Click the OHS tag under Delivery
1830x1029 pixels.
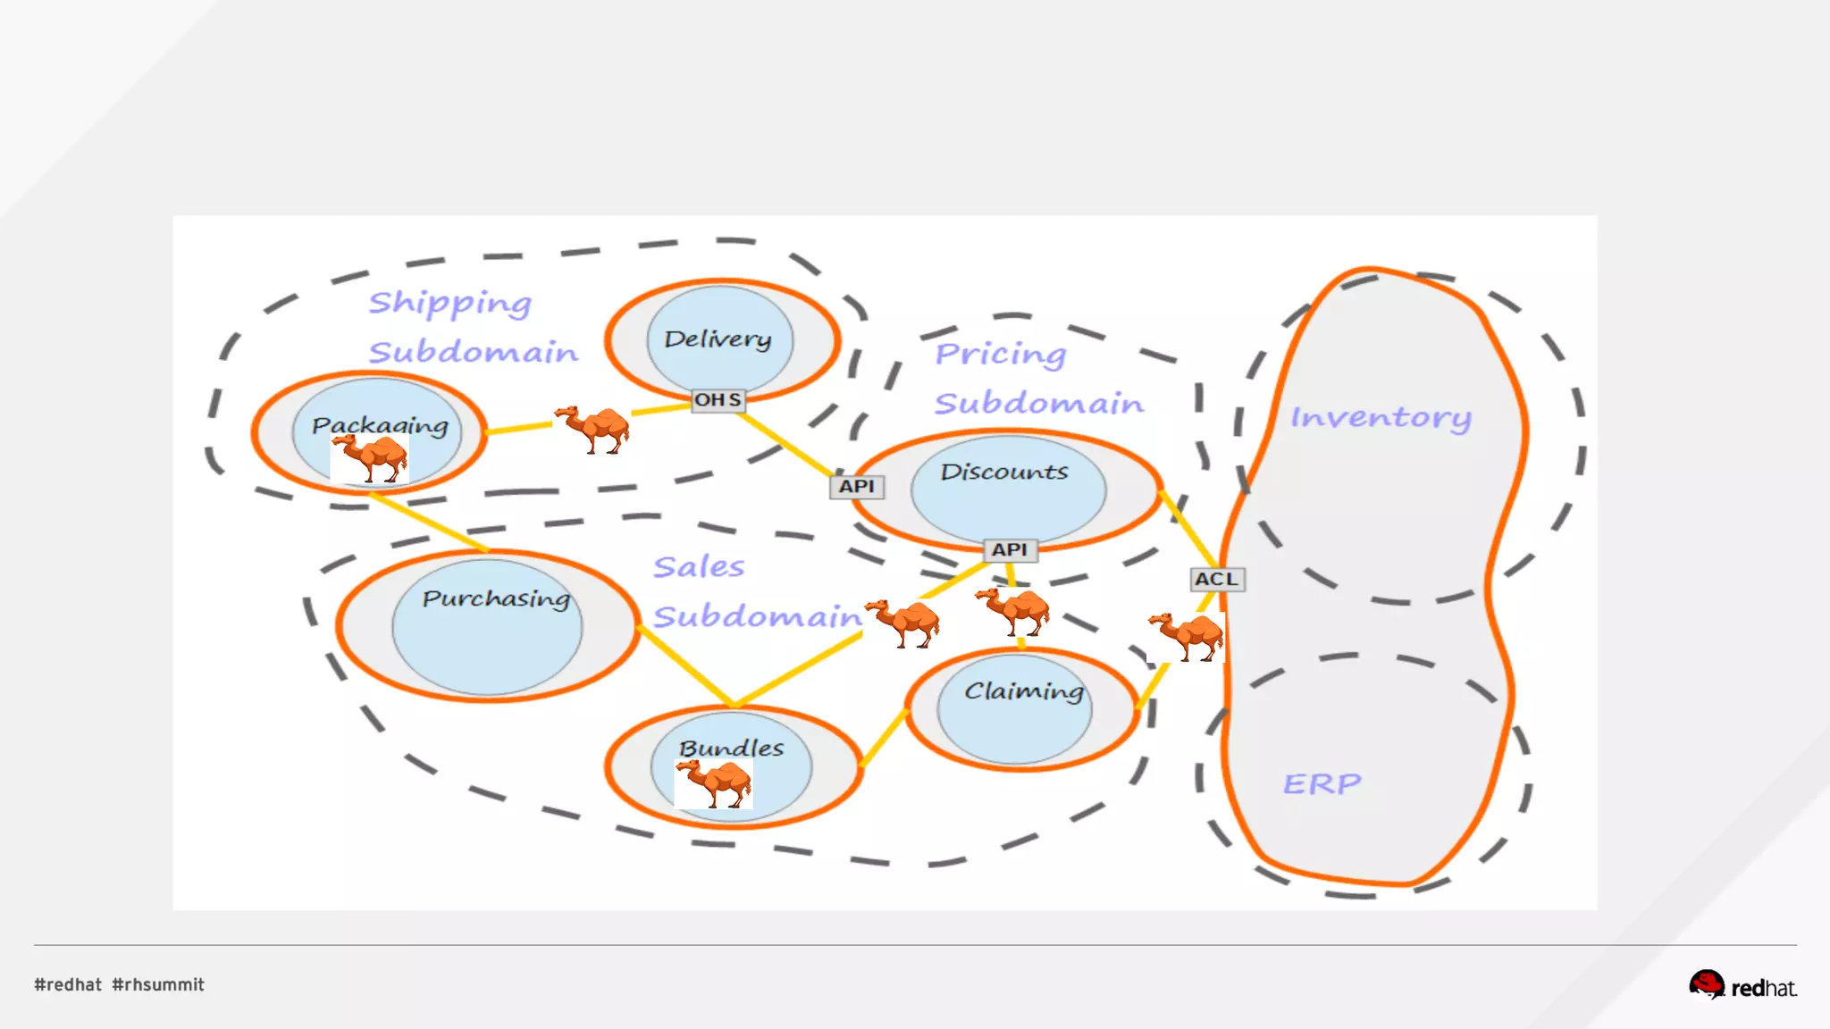[x=718, y=400]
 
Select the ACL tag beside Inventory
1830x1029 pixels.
[x=1216, y=579]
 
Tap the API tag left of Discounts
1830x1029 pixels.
[x=856, y=487]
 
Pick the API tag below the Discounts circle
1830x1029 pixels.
[x=1010, y=550]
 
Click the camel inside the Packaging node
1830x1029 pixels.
[x=370, y=458]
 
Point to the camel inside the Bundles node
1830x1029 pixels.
[x=714, y=783]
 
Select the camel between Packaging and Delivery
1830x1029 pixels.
[x=592, y=429]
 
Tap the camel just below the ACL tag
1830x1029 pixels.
[x=1186, y=636]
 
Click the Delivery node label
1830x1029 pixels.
[x=718, y=339]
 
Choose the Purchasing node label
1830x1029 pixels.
[x=496, y=598]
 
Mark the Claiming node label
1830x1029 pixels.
[x=1024, y=691]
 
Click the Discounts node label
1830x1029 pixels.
[x=1004, y=472]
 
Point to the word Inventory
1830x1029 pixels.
[x=1381, y=418]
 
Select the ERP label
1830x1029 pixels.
[x=1322, y=784]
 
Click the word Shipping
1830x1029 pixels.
[x=450, y=304]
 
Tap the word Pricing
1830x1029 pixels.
[x=1001, y=355]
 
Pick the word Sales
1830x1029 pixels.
[x=699, y=567]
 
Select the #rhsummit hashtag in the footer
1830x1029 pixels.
[x=158, y=984]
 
